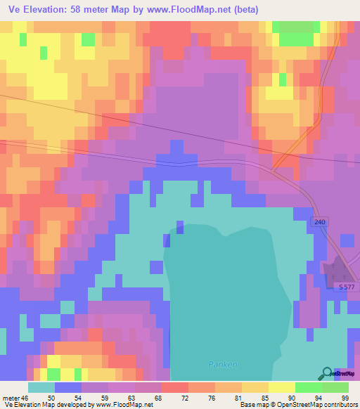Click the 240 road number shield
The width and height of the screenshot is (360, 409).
pyautogui.click(x=320, y=221)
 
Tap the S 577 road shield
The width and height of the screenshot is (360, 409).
pyautogui.click(x=346, y=287)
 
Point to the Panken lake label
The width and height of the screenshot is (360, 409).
pyautogui.click(x=224, y=364)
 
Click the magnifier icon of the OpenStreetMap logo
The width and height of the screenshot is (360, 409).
pyautogui.click(x=327, y=374)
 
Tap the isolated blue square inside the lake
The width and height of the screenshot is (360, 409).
pyautogui.click(x=180, y=227)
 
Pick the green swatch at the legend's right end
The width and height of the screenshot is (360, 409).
pyautogui.click(x=335, y=387)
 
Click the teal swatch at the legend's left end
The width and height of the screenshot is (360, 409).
pyautogui.click(x=41, y=387)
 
